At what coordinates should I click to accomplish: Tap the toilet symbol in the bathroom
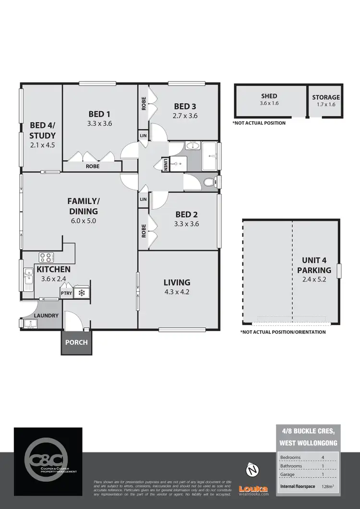pos(208,182)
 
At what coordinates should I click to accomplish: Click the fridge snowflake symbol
pos(81,293)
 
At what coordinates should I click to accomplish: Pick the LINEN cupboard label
pos(165,164)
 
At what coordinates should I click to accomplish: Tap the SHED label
pos(269,96)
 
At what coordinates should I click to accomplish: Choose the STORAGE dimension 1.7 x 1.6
pos(326,104)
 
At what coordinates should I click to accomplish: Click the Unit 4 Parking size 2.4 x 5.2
pos(314,280)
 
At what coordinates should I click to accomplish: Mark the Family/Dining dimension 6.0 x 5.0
pos(83,221)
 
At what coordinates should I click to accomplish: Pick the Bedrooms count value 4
pos(323,457)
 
